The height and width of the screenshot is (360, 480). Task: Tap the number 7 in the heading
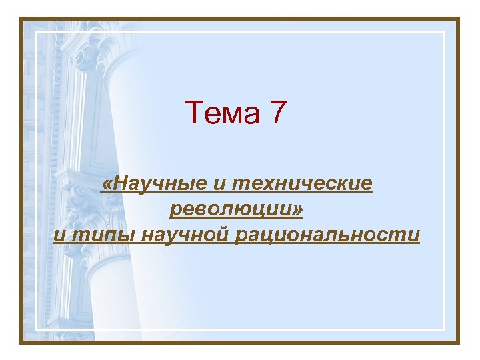tap(278, 113)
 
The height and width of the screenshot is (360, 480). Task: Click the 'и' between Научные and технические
tap(219, 184)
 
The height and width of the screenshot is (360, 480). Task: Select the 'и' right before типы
tap(59, 235)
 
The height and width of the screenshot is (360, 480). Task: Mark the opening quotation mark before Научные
tap(105, 184)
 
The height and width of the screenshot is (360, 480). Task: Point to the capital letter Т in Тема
tap(193, 113)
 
